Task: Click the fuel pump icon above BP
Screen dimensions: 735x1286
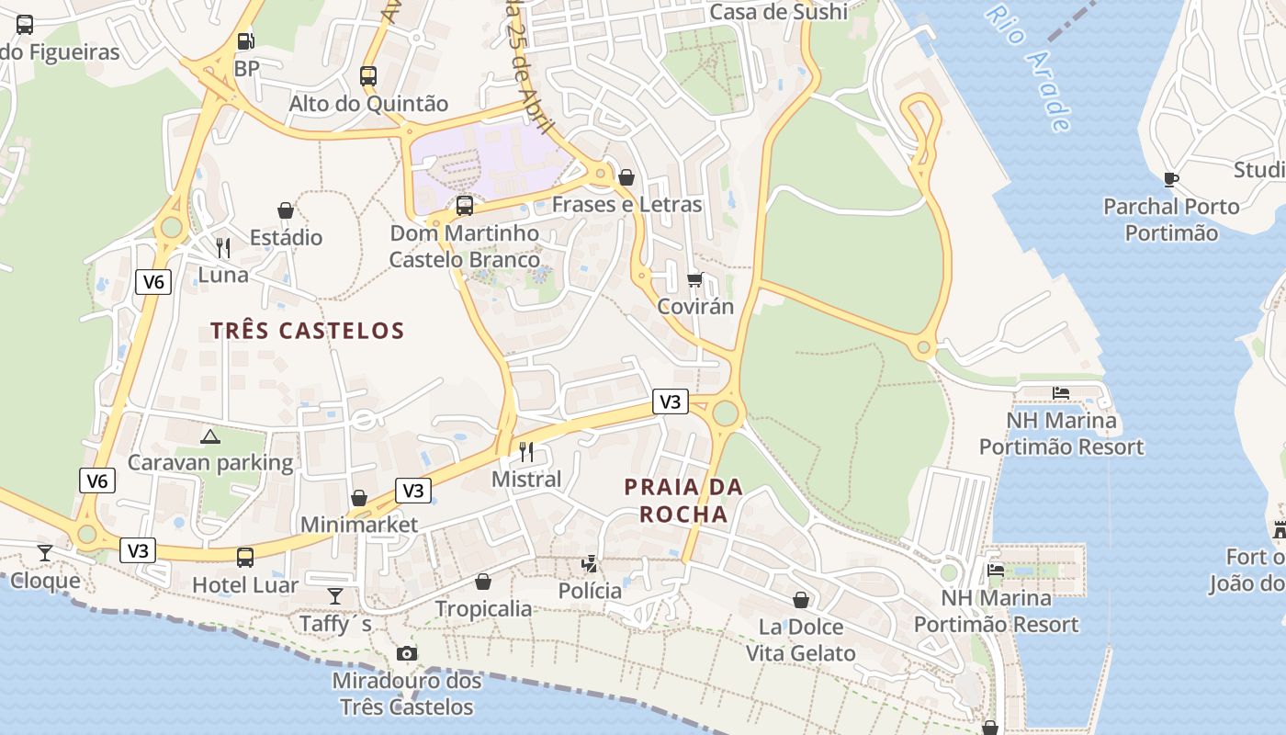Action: pos(245,40)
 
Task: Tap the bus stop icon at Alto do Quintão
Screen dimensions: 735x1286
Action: pos(368,76)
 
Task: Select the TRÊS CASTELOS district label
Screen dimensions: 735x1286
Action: pos(307,331)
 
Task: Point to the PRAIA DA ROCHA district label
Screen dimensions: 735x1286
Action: pos(683,501)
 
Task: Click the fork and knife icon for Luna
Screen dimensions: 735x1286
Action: pos(223,248)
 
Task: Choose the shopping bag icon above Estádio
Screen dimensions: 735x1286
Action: pos(286,210)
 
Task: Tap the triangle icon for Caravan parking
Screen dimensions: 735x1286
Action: pos(209,435)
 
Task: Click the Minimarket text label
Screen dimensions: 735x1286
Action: pos(359,525)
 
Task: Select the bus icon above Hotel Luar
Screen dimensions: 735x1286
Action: pos(245,558)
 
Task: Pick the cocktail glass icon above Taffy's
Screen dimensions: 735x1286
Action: pos(335,596)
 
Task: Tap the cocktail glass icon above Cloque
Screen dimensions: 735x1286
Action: pos(44,552)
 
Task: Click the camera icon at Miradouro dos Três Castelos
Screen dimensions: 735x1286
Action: pos(406,653)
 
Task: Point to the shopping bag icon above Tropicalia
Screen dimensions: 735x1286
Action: pos(482,582)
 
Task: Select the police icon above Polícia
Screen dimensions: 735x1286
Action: pos(590,563)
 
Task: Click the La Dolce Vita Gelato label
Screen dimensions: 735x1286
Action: pos(800,640)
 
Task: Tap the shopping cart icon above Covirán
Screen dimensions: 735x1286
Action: pos(695,279)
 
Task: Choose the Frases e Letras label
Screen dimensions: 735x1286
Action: pos(626,204)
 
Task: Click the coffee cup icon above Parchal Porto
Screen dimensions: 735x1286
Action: pos(1170,179)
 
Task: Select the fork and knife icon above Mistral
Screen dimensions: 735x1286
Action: pos(526,451)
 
